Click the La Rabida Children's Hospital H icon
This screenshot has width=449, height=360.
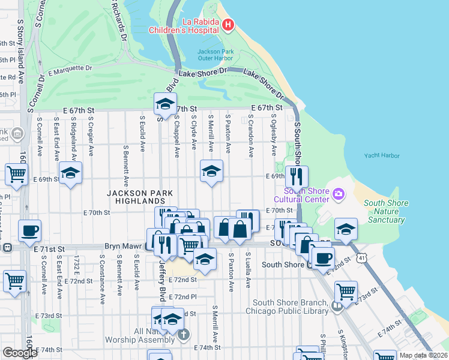coord(228,25)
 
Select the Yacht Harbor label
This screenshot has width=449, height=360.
coord(382,156)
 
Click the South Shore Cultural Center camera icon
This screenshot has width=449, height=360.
coord(338,193)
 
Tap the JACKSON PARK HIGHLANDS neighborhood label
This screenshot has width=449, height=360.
coord(140,197)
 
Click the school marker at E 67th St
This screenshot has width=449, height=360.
coord(165,105)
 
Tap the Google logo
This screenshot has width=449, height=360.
coord(20,353)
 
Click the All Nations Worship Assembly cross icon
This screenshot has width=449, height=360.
coord(184,334)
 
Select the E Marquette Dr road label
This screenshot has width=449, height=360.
coord(70,70)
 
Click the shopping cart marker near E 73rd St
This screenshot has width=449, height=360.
coord(346,292)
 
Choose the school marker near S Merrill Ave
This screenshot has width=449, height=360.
coord(211,172)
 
